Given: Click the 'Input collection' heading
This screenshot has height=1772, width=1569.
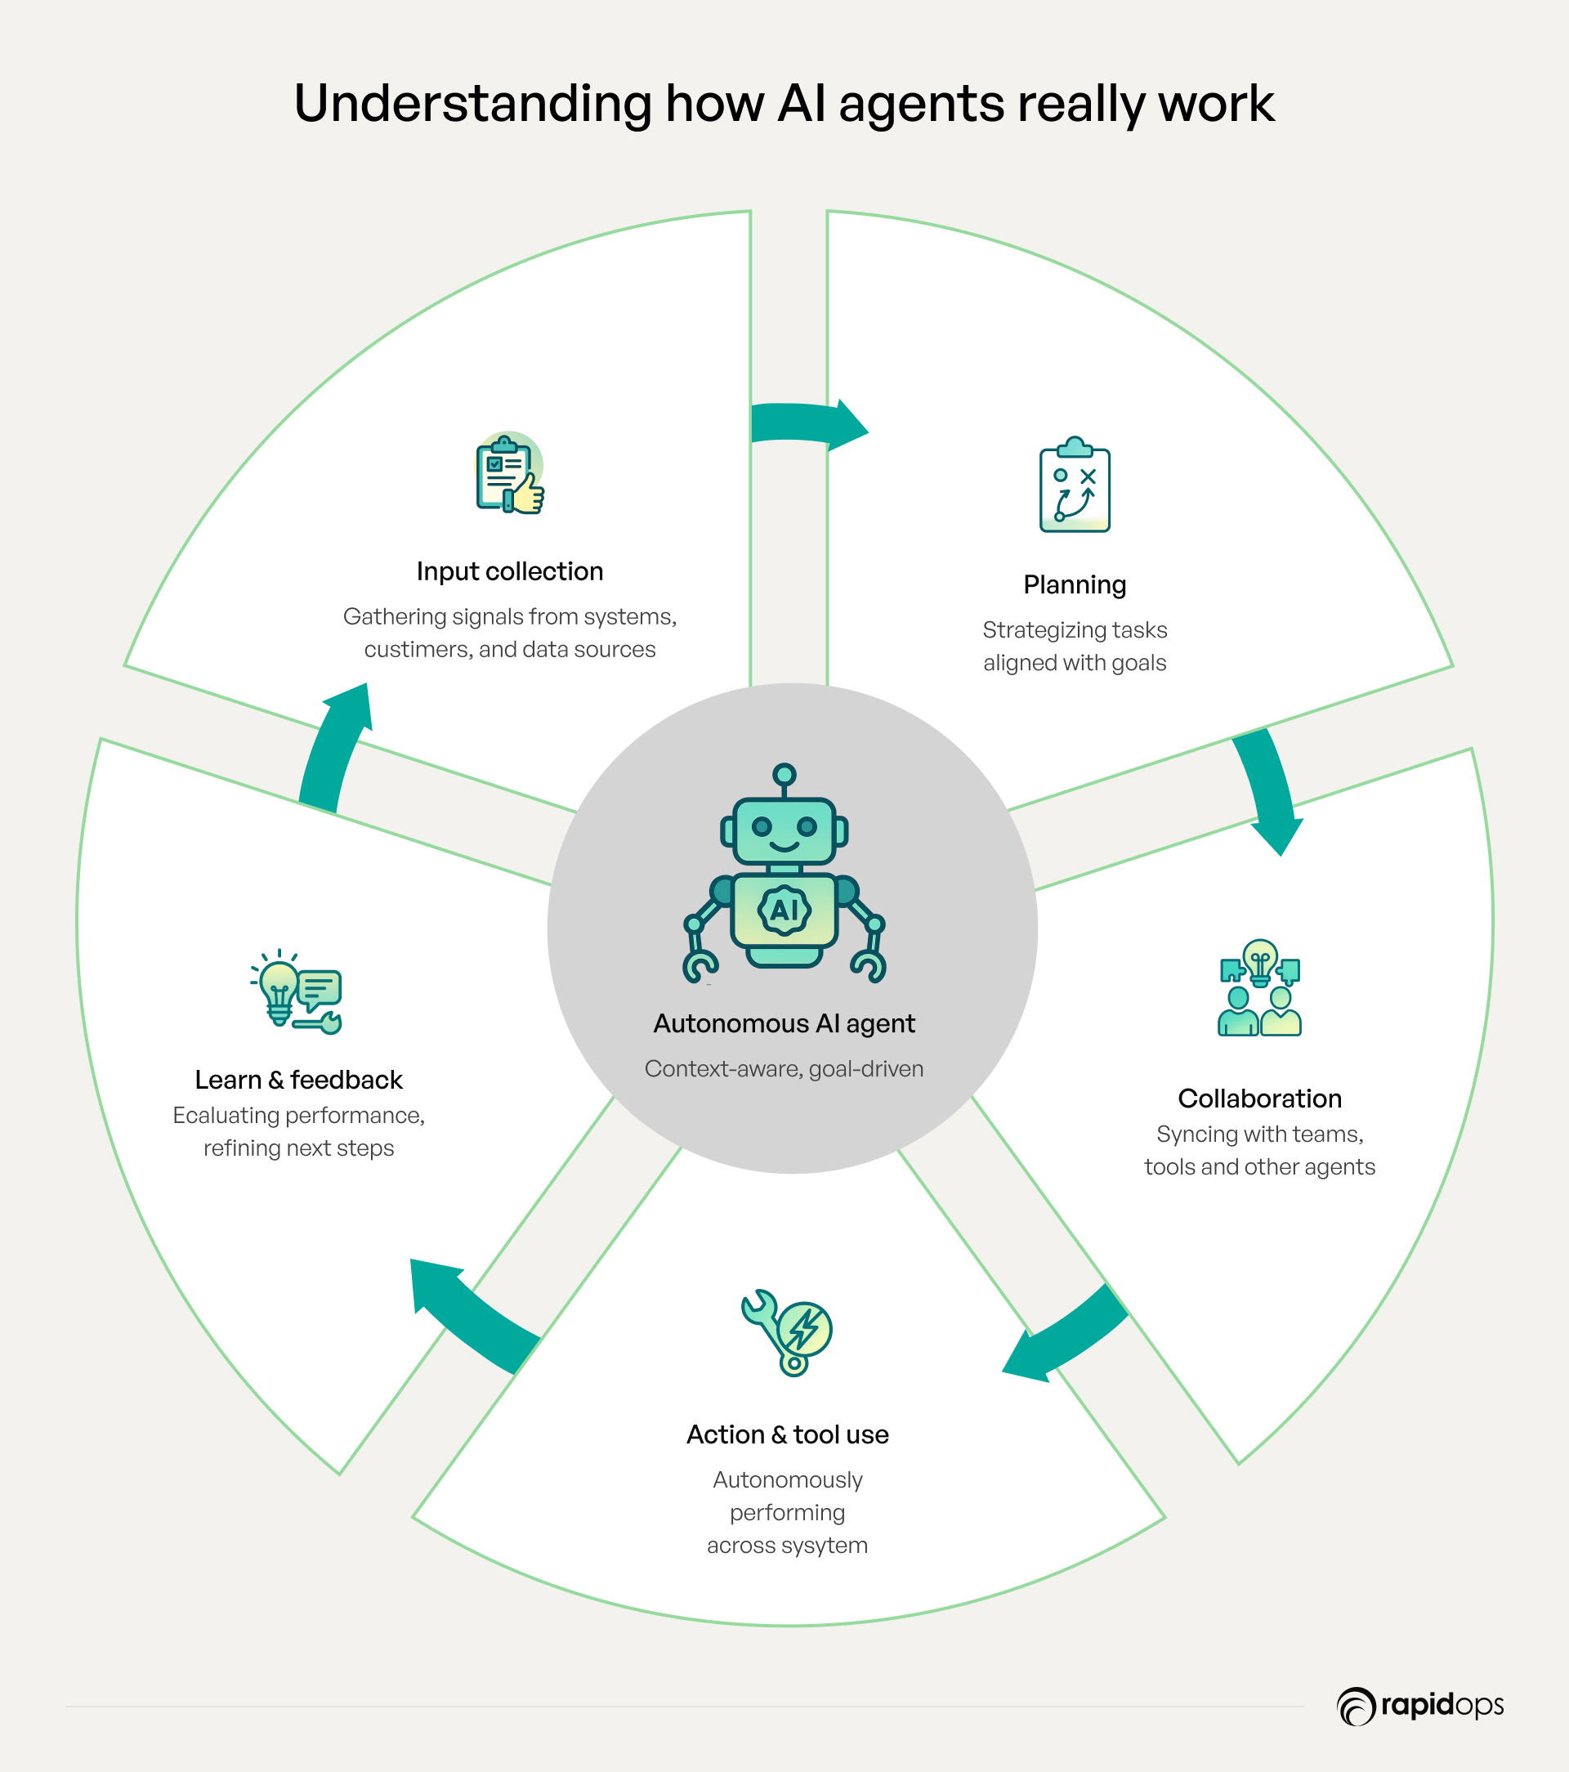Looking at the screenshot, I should click(510, 571).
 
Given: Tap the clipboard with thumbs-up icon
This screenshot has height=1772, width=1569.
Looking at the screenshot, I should click(510, 473).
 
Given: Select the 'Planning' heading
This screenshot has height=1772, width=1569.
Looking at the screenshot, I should click(1075, 584).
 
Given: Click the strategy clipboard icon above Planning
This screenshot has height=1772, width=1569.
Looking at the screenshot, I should click(1075, 486).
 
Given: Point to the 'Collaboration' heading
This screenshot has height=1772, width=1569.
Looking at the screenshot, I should click(1259, 1099).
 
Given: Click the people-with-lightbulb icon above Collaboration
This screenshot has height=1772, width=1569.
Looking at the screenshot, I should click(1259, 988).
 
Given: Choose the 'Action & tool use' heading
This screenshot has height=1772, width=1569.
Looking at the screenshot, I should click(787, 1434).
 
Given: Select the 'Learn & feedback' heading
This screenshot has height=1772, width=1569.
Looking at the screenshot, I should click(298, 1080).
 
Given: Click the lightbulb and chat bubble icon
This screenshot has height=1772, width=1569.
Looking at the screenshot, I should click(297, 992).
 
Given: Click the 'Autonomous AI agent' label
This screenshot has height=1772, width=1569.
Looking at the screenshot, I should click(784, 1023).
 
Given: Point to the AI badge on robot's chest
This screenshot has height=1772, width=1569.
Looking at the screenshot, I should click(784, 911).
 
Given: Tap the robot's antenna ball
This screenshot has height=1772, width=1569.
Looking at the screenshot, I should click(784, 773).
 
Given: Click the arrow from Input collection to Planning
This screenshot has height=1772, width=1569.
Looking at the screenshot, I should click(807, 425).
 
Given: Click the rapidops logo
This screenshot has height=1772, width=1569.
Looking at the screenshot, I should click(1421, 1706).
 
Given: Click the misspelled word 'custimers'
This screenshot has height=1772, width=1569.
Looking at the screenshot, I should click(418, 649).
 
